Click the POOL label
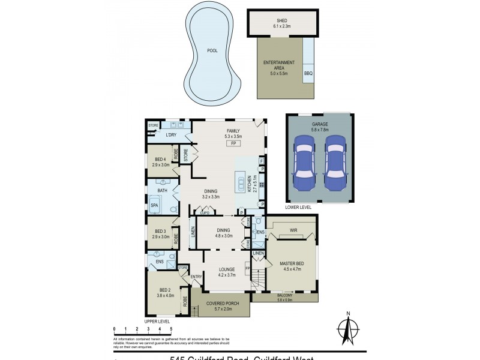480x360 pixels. (212, 50)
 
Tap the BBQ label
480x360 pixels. (308, 74)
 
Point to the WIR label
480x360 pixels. (293, 229)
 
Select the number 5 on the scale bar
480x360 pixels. (171, 329)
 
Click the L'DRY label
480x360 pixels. (171, 135)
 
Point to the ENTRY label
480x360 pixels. (196, 277)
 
